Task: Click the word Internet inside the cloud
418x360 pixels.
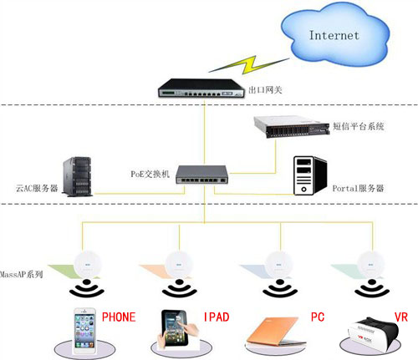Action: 334,35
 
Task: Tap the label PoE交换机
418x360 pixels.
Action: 150,173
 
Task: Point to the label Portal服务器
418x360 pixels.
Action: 357,189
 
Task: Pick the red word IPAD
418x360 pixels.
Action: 216,318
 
